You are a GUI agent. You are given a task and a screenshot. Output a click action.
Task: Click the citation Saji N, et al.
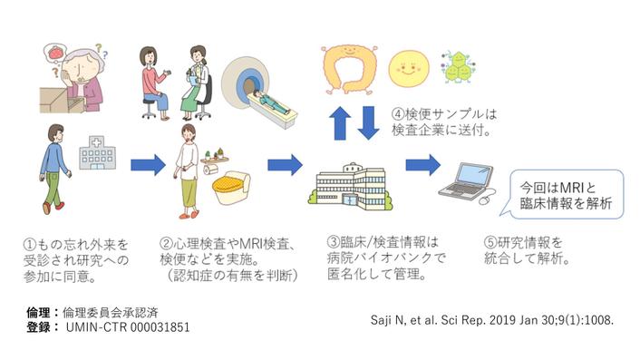491,319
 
